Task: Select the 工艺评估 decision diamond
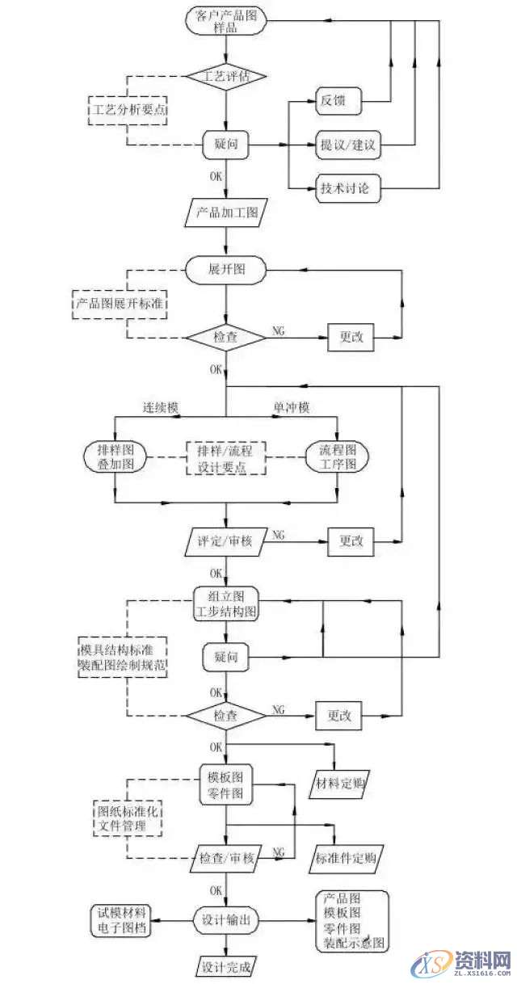click(x=226, y=76)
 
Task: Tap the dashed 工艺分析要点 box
click(x=127, y=109)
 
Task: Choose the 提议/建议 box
click(x=346, y=148)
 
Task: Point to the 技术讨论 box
click(x=346, y=191)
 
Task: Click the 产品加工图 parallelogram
click(x=226, y=214)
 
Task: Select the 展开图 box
click(x=226, y=271)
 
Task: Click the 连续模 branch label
click(x=160, y=409)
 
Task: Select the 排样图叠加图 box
click(x=115, y=456)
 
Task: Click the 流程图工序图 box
click(x=337, y=456)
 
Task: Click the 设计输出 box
click(x=226, y=919)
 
